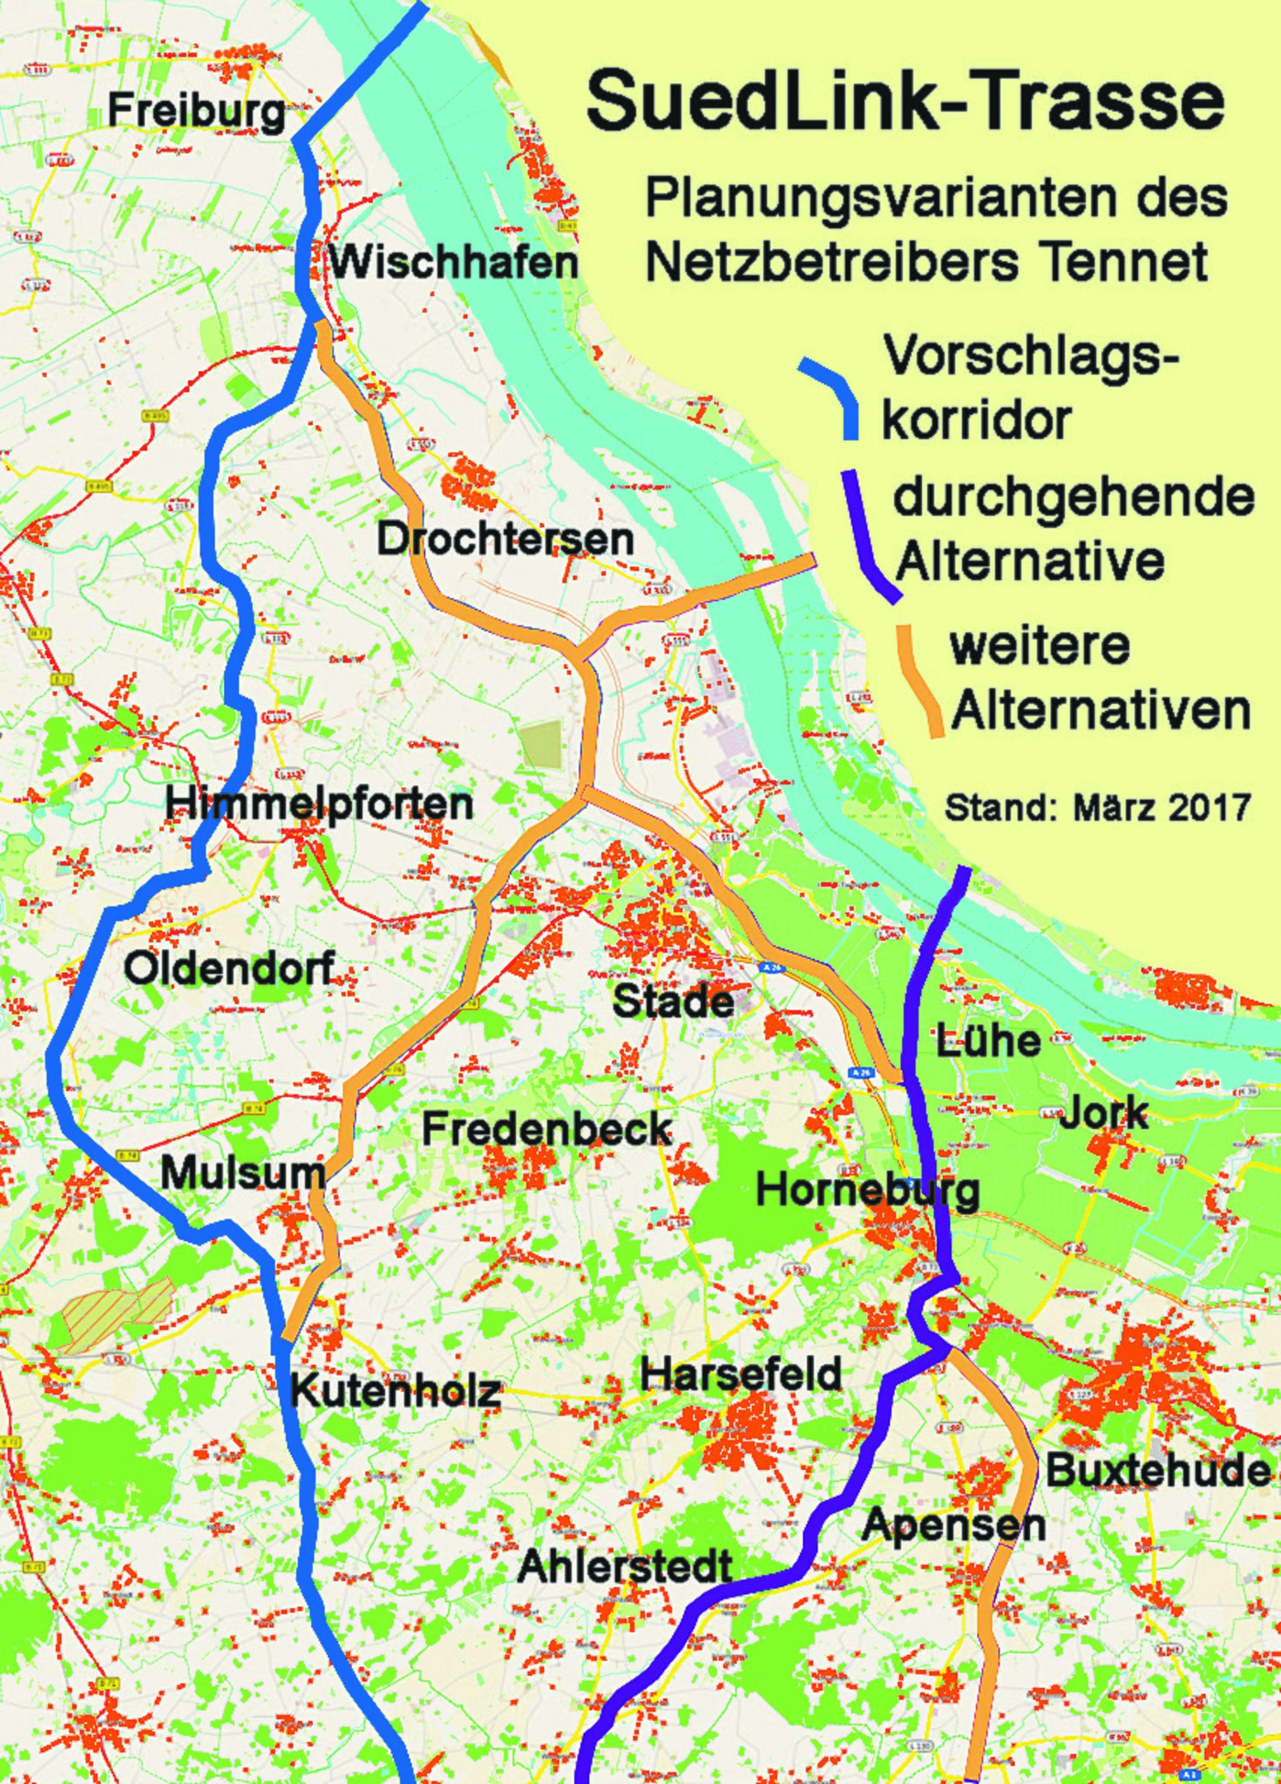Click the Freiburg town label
[x=196, y=111]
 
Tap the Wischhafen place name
[x=453, y=261]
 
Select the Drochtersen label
[x=505, y=539]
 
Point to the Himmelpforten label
[x=319, y=802]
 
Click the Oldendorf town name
[x=228, y=968]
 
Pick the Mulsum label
[x=243, y=1173]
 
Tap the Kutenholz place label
[x=396, y=1391]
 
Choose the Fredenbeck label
[x=547, y=1130]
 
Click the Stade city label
[x=673, y=1001]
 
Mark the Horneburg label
[x=868, y=1190]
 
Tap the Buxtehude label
[x=1158, y=1470]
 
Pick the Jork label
[x=1103, y=1113]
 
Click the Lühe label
[x=988, y=1041]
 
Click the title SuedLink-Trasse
[x=905, y=103]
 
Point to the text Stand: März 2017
[x=1098, y=808]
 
